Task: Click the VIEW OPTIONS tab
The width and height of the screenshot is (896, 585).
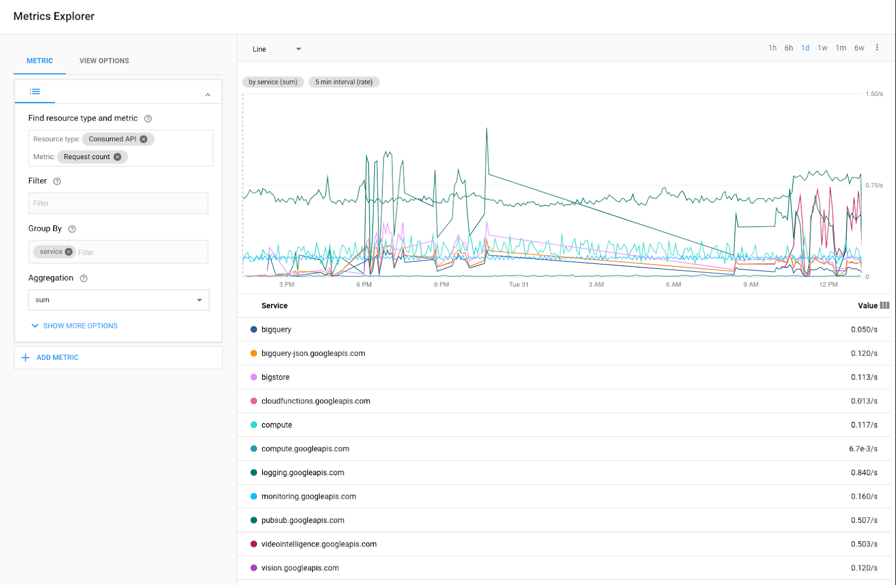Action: [x=104, y=61]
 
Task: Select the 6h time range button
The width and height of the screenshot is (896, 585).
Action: [x=788, y=48]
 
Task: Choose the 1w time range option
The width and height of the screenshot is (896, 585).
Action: [x=822, y=48]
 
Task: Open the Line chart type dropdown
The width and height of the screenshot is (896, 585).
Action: [x=277, y=49]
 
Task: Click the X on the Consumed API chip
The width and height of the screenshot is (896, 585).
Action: [x=144, y=139]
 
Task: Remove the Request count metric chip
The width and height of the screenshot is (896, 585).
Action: [x=118, y=157]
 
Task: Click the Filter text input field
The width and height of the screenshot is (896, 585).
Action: [x=118, y=203]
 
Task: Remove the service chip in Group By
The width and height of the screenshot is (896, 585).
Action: [x=69, y=252]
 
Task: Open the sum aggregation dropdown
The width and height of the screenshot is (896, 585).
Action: [x=119, y=300]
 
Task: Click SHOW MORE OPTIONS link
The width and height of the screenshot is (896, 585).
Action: [x=80, y=326]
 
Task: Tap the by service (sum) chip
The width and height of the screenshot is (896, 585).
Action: [x=273, y=82]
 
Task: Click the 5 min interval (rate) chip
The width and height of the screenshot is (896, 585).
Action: [x=344, y=82]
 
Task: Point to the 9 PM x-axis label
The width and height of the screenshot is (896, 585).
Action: [x=441, y=285]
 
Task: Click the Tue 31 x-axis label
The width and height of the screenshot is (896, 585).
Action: [x=519, y=285]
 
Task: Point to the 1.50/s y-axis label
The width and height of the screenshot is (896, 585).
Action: [x=874, y=94]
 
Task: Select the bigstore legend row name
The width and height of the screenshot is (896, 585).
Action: [x=276, y=377]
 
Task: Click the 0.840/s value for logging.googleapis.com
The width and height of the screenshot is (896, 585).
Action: [x=864, y=472]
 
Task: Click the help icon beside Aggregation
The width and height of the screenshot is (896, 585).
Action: [x=83, y=278]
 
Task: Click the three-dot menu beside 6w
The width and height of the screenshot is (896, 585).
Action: [x=877, y=48]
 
